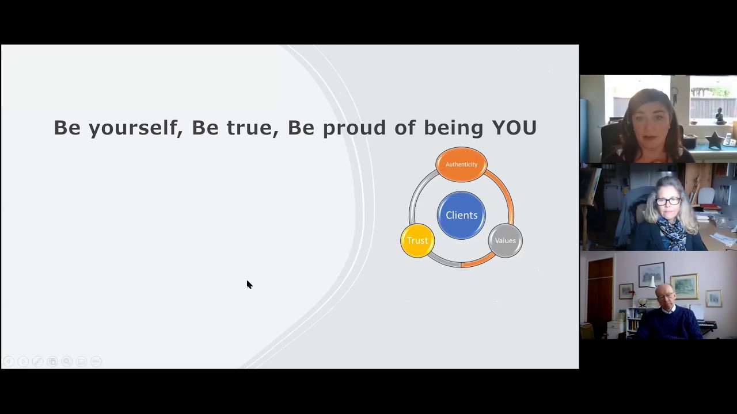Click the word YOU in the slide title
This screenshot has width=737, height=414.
tap(514, 128)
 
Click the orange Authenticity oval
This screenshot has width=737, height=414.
tap(461, 164)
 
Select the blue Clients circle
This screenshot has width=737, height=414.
tap(461, 215)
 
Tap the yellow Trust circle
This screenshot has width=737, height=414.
tap(417, 240)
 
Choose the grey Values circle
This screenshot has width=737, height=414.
tap(505, 240)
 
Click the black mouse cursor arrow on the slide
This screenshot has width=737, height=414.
tap(249, 285)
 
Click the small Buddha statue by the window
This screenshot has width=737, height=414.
tap(719, 117)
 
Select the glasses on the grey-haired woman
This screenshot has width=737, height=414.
tap(668, 201)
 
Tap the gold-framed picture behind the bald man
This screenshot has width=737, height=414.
tap(685, 286)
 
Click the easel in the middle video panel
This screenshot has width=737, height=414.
tap(590, 195)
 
